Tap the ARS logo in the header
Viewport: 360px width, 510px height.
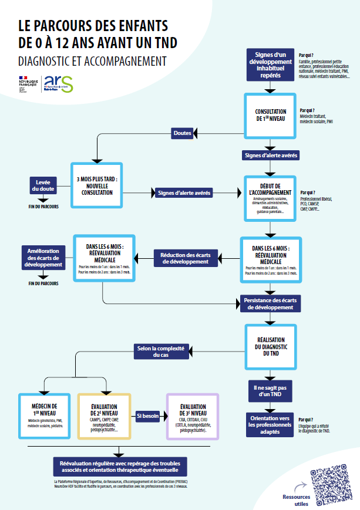click(x=59, y=83)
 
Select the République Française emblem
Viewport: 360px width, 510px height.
click(x=28, y=83)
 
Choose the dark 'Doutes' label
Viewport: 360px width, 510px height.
click(x=183, y=133)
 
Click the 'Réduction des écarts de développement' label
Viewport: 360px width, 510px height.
click(x=186, y=258)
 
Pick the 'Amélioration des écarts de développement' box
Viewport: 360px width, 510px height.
click(x=44, y=258)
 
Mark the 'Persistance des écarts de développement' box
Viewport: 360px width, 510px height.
click(x=270, y=303)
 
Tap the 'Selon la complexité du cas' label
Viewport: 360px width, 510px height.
click(x=160, y=351)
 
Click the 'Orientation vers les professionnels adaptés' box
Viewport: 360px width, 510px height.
click(x=270, y=424)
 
